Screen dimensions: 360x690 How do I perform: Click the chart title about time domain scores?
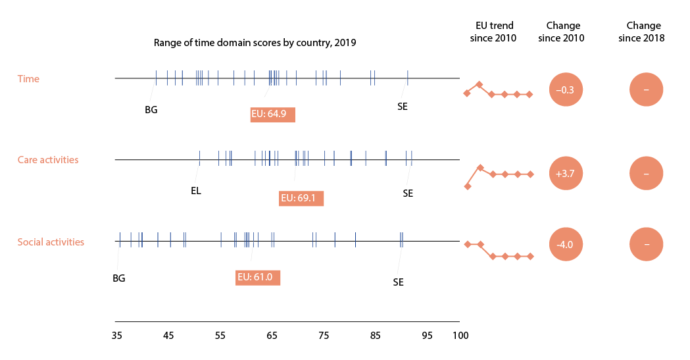255,43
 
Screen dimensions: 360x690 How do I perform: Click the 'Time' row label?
28,79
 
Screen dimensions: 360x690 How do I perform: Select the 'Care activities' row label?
48,160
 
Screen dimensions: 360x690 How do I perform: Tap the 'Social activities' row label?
51,242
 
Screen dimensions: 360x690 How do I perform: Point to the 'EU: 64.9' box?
273,115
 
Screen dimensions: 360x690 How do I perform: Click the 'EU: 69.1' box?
301,197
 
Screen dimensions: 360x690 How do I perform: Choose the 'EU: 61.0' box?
258,277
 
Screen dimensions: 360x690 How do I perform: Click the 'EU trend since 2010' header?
495,32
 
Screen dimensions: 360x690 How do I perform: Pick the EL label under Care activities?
196,192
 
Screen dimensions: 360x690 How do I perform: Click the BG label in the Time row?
151,110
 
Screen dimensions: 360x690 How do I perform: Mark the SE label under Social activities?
398,282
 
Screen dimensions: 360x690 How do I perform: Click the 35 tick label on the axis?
117,336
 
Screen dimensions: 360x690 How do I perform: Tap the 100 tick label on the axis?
460,336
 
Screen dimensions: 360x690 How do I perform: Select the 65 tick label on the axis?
272,336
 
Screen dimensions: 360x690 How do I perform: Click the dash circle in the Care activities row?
647,174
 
